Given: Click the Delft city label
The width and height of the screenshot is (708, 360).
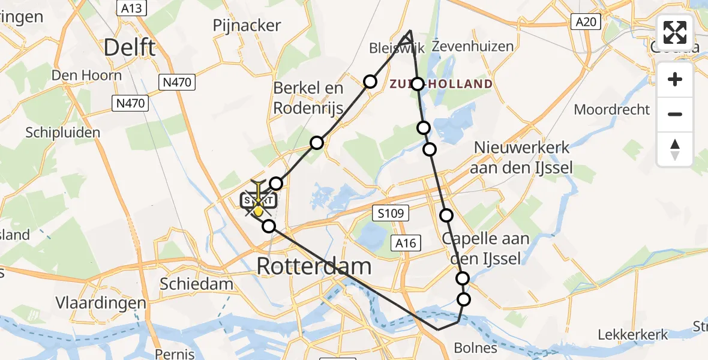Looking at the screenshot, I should click(130, 47).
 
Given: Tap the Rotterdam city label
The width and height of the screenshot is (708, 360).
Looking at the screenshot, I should click(314, 266).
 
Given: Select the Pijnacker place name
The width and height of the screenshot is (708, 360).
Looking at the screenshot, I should click(247, 25).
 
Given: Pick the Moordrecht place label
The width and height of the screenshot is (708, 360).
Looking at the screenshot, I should click(611, 109).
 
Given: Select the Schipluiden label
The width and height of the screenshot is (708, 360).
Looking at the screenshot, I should click(63, 133).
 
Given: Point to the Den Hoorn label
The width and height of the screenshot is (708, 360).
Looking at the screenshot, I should click(86, 76).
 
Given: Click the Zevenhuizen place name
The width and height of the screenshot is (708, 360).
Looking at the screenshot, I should click(473, 46).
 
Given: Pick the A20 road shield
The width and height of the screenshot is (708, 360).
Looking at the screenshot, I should click(586, 22).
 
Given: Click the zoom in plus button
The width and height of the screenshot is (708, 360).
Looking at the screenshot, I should click(675, 79).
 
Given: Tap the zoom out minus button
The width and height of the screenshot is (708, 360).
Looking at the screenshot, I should click(675, 114).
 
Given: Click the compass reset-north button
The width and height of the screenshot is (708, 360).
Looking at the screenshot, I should click(675, 149).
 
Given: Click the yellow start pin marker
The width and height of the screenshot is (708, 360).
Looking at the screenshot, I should click(258, 210).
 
